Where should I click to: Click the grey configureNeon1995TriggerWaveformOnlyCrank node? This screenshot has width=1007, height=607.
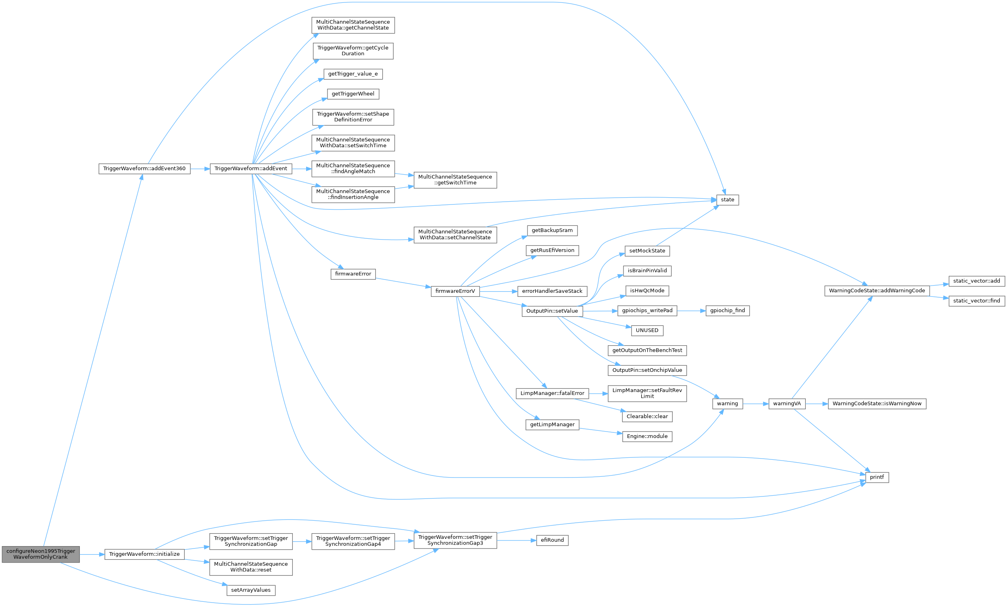coord(40,554)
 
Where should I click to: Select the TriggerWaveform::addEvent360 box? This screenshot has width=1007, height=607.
coord(144,169)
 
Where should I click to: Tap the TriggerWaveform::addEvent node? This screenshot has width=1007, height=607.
coord(251,169)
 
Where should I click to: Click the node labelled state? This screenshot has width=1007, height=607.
coord(728,200)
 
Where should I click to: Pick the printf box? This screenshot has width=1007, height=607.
coord(877,477)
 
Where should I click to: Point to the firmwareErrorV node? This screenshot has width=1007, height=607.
coord(455,292)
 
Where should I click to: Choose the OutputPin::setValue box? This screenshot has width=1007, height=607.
coord(552,311)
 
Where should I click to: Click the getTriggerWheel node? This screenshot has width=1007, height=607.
coord(353,94)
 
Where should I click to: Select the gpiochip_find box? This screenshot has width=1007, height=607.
coord(728,311)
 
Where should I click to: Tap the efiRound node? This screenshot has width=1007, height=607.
coord(552,540)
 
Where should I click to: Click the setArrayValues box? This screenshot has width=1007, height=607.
coord(251,590)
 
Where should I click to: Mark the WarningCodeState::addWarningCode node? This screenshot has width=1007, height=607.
coord(877,291)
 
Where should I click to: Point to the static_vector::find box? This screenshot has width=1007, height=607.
coord(977,301)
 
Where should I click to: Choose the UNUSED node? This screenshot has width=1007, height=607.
coord(647,331)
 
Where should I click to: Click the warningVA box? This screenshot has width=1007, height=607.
coord(787,404)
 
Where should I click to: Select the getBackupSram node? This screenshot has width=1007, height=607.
coord(552,231)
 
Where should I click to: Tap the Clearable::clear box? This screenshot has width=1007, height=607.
coord(647,417)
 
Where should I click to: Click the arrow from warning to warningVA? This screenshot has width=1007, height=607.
coord(756,404)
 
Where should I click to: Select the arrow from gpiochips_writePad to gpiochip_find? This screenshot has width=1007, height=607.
coord(692,311)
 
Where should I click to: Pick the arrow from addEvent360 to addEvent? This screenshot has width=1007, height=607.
coord(200,169)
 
